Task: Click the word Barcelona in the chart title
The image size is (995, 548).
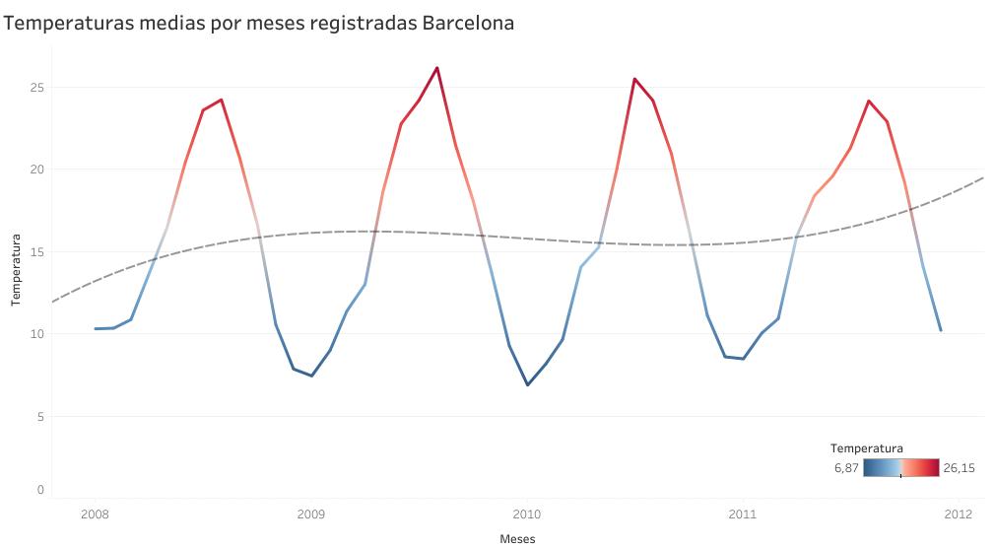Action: point(468,22)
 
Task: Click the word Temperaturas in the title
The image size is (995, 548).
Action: point(67,22)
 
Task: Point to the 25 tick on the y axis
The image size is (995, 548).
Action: point(37,88)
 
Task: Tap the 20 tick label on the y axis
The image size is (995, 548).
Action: point(37,170)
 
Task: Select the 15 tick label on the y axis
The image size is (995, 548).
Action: point(37,251)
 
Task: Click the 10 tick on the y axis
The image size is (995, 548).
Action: point(37,334)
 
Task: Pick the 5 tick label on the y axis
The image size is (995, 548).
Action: point(40,416)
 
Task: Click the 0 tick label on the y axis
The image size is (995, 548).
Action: point(40,489)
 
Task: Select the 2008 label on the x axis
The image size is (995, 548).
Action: point(95,514)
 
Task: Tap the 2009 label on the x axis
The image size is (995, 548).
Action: point(310,514)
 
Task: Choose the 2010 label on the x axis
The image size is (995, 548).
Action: point(526,514)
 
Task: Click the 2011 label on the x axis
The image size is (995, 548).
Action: point(742,514)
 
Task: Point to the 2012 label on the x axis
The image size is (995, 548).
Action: point(958,514)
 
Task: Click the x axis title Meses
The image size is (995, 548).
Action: point(517,539)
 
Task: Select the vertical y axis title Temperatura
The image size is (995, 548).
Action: point(16,270)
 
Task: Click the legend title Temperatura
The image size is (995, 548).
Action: point(866,448)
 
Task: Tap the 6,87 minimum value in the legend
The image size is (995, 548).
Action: point(845,468)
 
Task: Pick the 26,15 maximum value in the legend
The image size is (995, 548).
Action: point(960,468)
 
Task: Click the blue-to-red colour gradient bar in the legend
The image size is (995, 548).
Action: point(900,468)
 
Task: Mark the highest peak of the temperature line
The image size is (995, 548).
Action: point(436,68)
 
